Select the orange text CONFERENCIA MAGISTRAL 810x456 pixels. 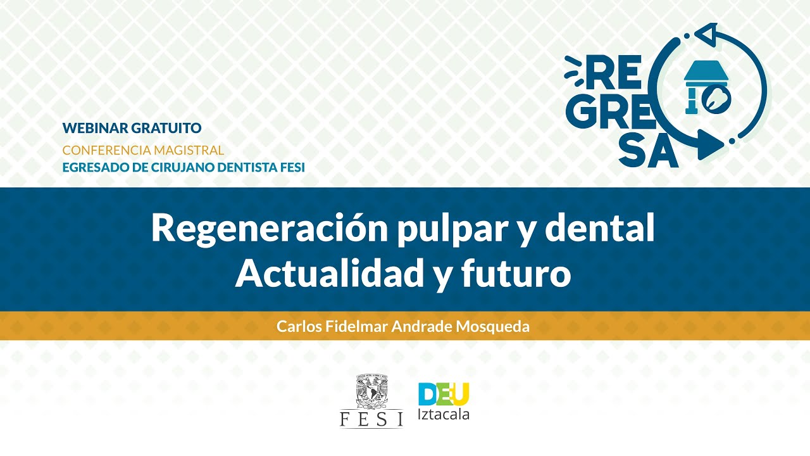[x=143, y=150]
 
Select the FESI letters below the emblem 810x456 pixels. [x=371, y=419]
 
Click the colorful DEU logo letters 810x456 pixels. [x=444, y=394]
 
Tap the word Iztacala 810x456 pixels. [x=444, y=415]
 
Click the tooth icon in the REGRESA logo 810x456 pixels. [x=720, y=97]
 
